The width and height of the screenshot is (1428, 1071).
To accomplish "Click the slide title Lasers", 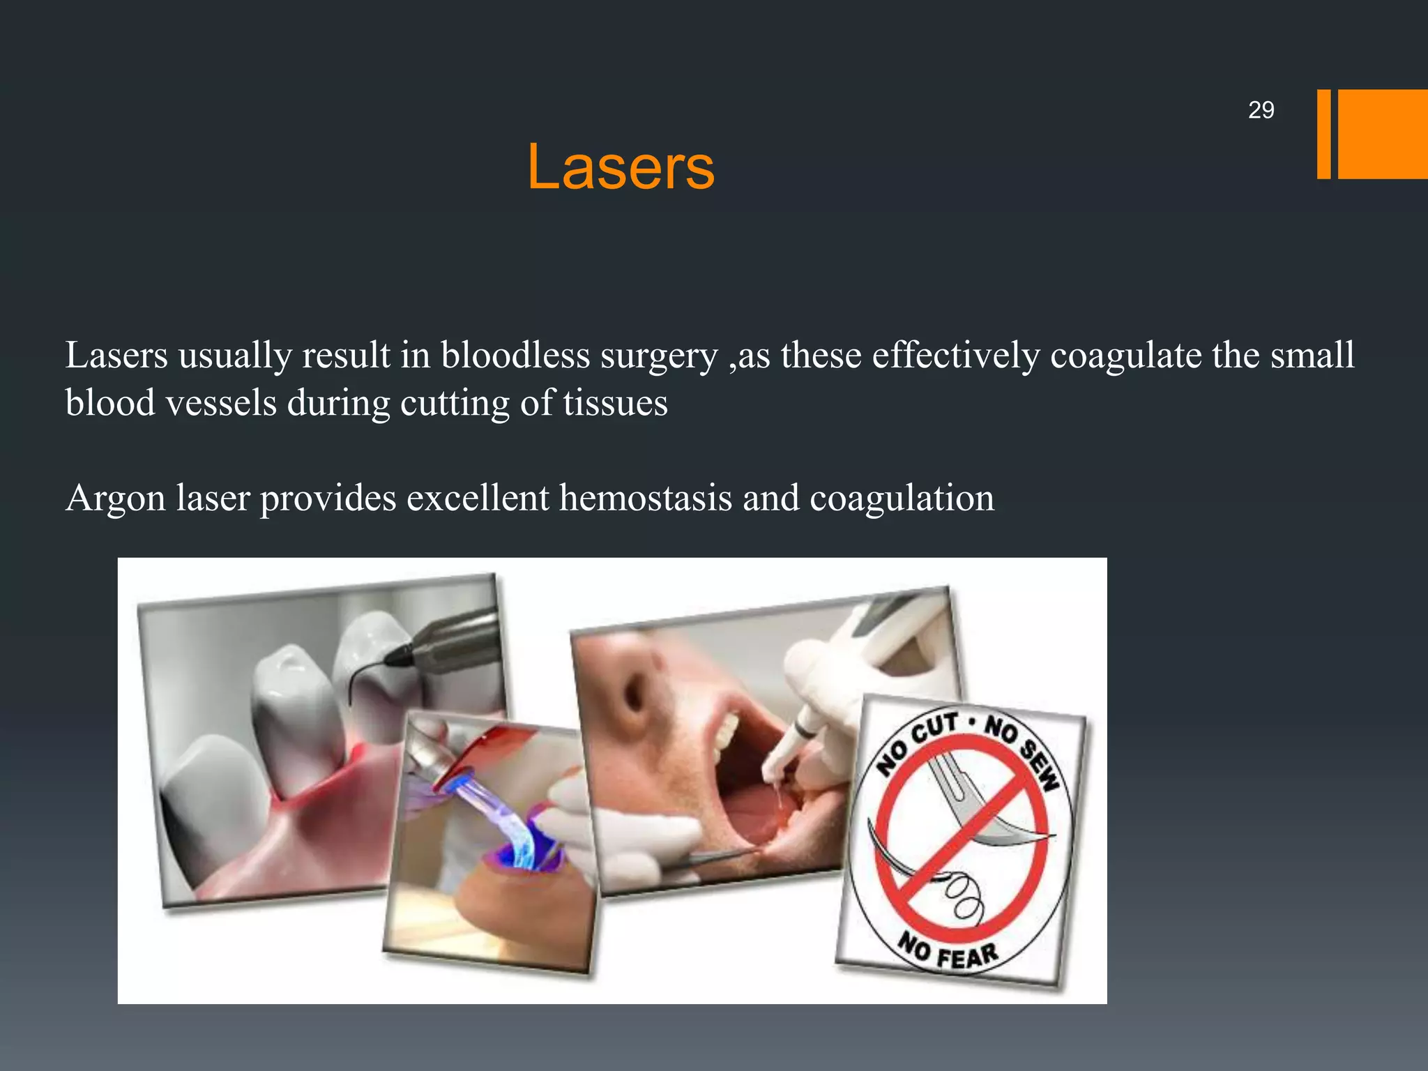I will [x=620, y=167].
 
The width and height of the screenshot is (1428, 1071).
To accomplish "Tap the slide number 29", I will [x=1261, y=110].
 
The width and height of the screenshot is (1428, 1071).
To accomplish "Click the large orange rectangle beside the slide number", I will [x=1382, y=134].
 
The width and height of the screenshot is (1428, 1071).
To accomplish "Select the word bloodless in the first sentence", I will [x=515, y=356].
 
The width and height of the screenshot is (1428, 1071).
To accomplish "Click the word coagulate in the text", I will [x=1125, y=356].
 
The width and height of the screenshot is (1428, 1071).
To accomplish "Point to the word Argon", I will [x=116, y=499].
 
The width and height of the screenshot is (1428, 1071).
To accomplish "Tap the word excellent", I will [x=478, y=498].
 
